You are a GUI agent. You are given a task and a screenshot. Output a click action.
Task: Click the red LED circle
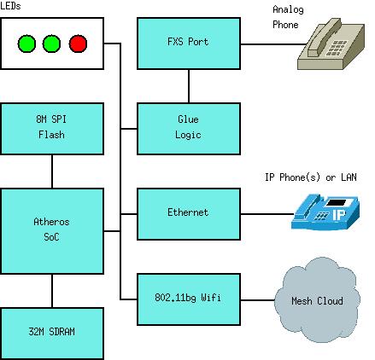[78, 44]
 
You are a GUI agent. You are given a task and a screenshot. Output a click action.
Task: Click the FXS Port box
[189, 44]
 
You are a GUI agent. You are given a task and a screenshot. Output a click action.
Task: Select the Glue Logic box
[189, 129]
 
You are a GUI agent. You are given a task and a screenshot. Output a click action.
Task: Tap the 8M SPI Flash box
[52, 129]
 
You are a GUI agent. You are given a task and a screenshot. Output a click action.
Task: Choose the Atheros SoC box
[52, 231]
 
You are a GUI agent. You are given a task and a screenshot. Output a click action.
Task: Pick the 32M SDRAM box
[52, 334]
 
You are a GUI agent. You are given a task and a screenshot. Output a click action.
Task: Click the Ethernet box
[189, 214]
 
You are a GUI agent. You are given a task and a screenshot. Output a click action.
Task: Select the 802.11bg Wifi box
[189, 299]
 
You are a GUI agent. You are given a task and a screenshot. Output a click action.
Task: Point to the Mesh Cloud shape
[317, 300]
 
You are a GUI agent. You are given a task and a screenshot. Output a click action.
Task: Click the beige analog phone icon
[331, 44]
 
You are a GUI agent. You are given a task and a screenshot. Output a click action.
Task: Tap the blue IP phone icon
[325, 212]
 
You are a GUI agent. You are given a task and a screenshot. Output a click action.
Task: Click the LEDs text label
[10, 6]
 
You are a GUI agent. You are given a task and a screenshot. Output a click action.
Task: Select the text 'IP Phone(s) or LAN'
[311, 177]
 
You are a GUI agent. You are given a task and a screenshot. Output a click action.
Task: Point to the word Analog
[288, 9]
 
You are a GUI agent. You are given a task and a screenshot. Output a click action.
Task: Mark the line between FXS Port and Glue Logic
[189, 86]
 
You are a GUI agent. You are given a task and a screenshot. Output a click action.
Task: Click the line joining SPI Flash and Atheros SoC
[52, 171]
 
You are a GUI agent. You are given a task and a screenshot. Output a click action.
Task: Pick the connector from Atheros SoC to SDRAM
[52, 291]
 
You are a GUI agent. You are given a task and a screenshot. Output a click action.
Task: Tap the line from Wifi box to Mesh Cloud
[258, 299]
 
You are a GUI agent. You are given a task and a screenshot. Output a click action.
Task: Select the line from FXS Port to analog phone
[273, 44]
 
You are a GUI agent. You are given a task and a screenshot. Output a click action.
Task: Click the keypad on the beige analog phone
[337, 48]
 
